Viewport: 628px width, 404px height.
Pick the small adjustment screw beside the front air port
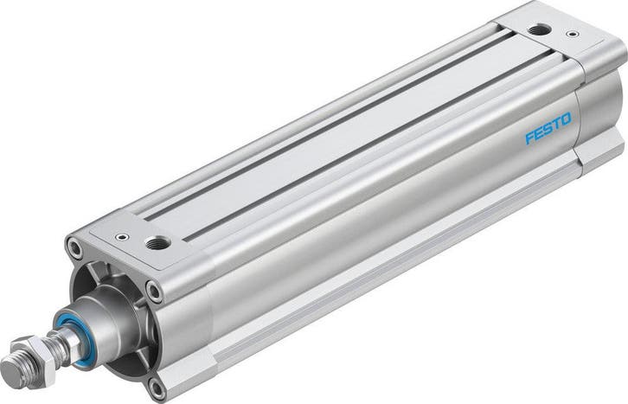pyautogui.click(x=122, y=235)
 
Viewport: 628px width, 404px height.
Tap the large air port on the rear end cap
pyautogui.click(x=539, y=29)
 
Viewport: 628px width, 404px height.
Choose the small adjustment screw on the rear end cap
pyautogui.click(x=572, y=36)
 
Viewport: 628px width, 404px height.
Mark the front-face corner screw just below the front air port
pyautogui.click(x=155, y=291)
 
